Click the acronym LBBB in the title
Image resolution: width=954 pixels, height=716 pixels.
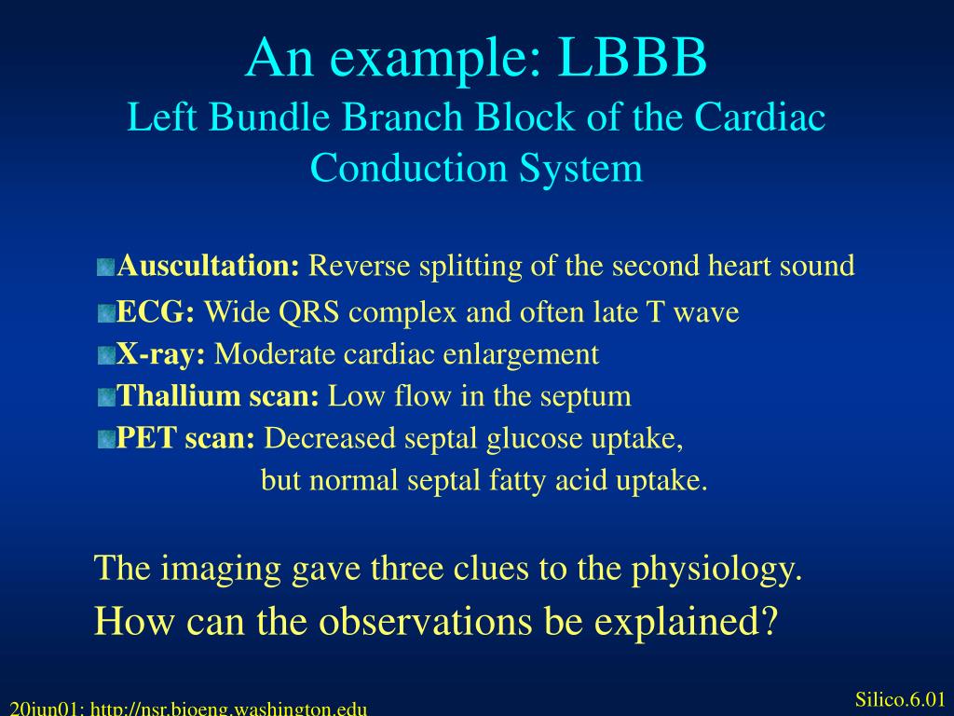coord(634,58)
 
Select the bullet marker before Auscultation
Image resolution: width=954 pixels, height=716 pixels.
coord(105,268)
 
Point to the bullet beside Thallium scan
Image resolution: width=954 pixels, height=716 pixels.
coord(105,398)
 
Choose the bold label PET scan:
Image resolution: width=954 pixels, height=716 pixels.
coord(185,438)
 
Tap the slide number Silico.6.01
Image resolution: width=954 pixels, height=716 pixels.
coord(899,700)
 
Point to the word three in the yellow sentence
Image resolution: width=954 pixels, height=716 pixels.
coord(405,568)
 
